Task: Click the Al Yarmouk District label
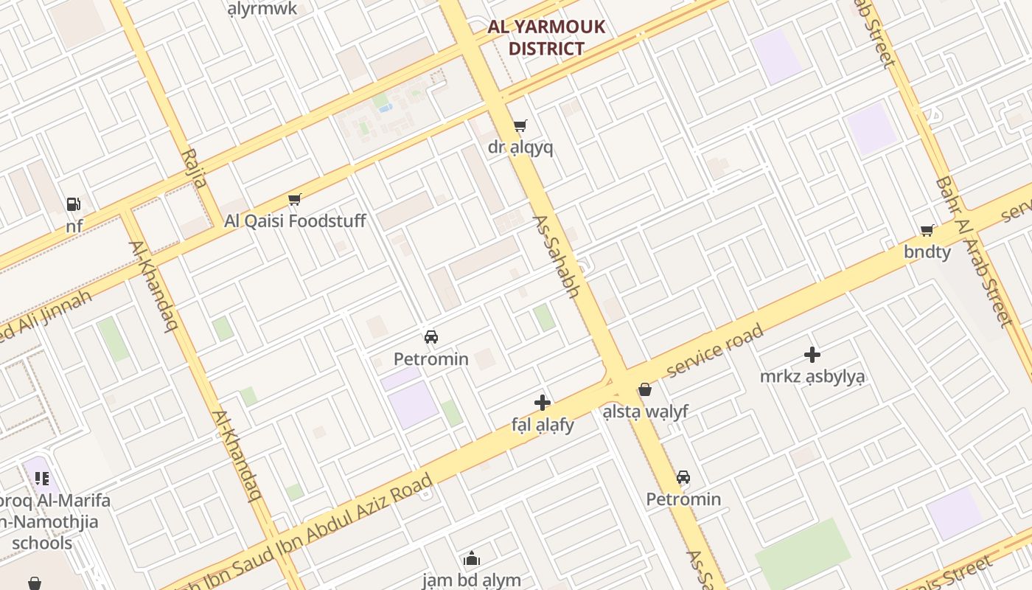[x=546, y=38]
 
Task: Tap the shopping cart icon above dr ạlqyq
[x=520, y=125]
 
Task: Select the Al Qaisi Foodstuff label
[x=295, y=221]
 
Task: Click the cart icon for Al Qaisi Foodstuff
[x=295, y=199]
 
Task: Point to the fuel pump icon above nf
[x=73, y=204]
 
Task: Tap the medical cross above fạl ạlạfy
[x=543, y=403]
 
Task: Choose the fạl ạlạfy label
[x=543, y=425]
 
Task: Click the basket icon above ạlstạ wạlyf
[x=646, y=389]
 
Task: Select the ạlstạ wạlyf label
[x=646, y=411]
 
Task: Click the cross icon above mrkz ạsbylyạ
[x=812, y=355]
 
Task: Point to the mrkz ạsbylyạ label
[x=812, y=376]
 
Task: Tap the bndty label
[x=927, y=251]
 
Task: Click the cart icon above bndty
[x=927, y=231]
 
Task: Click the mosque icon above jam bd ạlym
[x=472, y=558]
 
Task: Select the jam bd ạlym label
[x=472, y=580]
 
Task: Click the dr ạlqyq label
[x=520, y=147]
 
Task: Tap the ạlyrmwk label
[x=262, y=9]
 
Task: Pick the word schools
[x=42, y=544]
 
